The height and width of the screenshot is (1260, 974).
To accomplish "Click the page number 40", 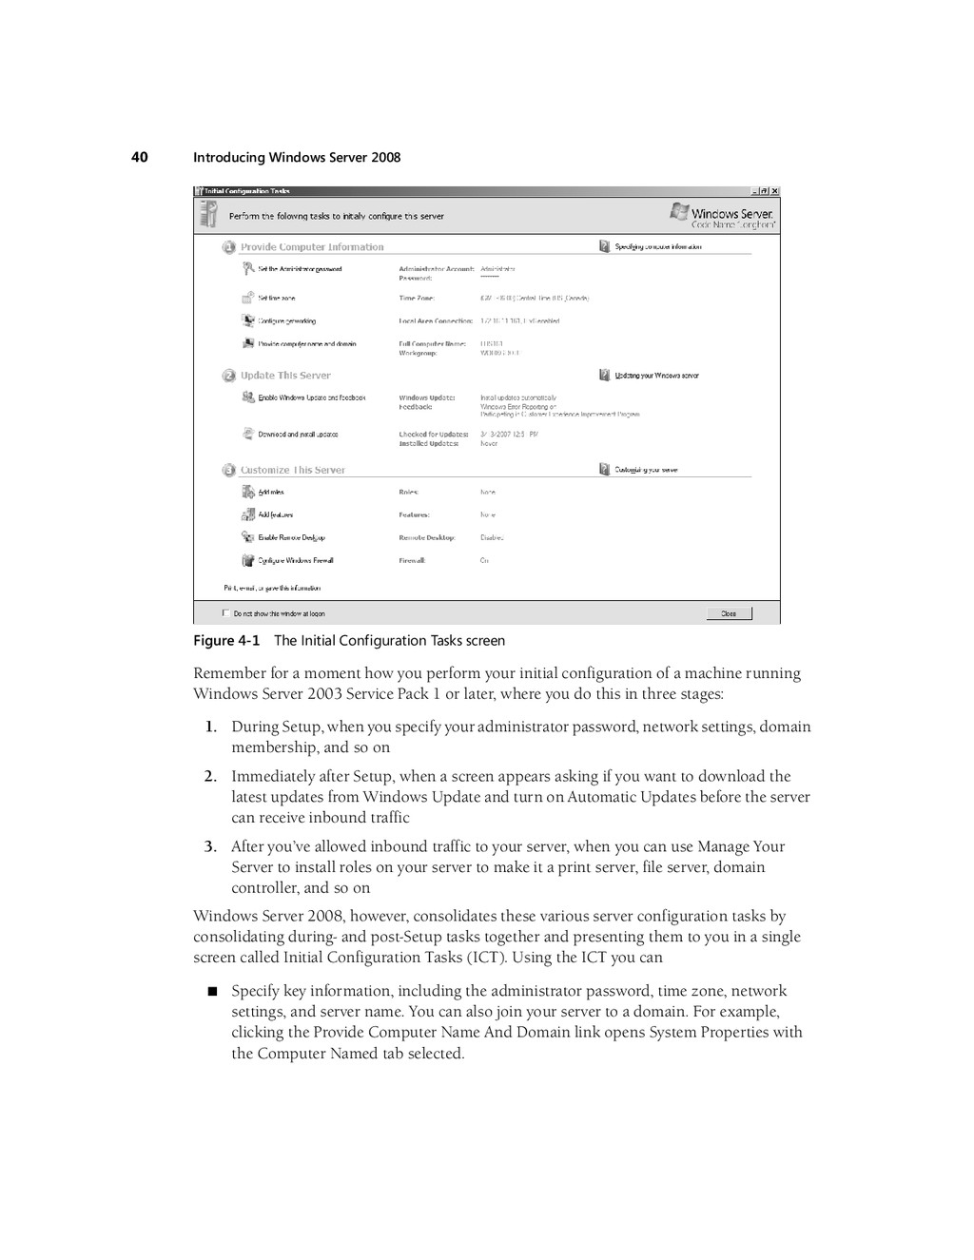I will (x=140, y=157).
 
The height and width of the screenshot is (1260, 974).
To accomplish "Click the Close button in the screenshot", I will (x=729, y=613).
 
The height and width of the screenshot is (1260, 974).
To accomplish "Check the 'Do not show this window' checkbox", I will (x=225, y=613).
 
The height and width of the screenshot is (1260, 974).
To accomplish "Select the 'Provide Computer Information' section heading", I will (x=312, y=247).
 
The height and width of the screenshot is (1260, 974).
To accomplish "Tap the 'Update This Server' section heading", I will (x=285, y=376).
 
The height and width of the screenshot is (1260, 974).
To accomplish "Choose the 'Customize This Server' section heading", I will (x=292, y=470).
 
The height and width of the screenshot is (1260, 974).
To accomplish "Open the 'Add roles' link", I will (x=271, y=493).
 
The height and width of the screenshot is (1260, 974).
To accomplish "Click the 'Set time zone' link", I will (x=276, y=299).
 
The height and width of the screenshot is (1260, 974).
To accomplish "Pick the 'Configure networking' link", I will (x=286, y=321).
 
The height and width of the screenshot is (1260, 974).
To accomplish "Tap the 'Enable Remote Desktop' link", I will (x=291, y=538).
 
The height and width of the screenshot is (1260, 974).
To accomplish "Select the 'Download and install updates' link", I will (x=298, y=435).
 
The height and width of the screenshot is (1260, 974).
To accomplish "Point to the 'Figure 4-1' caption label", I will (x=226, y=641).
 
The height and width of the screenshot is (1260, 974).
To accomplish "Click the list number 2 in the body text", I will (x=209, y=777).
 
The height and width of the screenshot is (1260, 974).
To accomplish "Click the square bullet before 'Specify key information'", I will (x=212, y=992).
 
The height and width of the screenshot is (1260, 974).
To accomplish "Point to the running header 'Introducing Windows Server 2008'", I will (x=297, y=158).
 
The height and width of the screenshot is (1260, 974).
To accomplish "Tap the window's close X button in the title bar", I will (x=774, y=191).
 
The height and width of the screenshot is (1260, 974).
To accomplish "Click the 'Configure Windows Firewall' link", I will (x=295, y=561).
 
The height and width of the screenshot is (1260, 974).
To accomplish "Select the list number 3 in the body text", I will (x=209, y=847).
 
